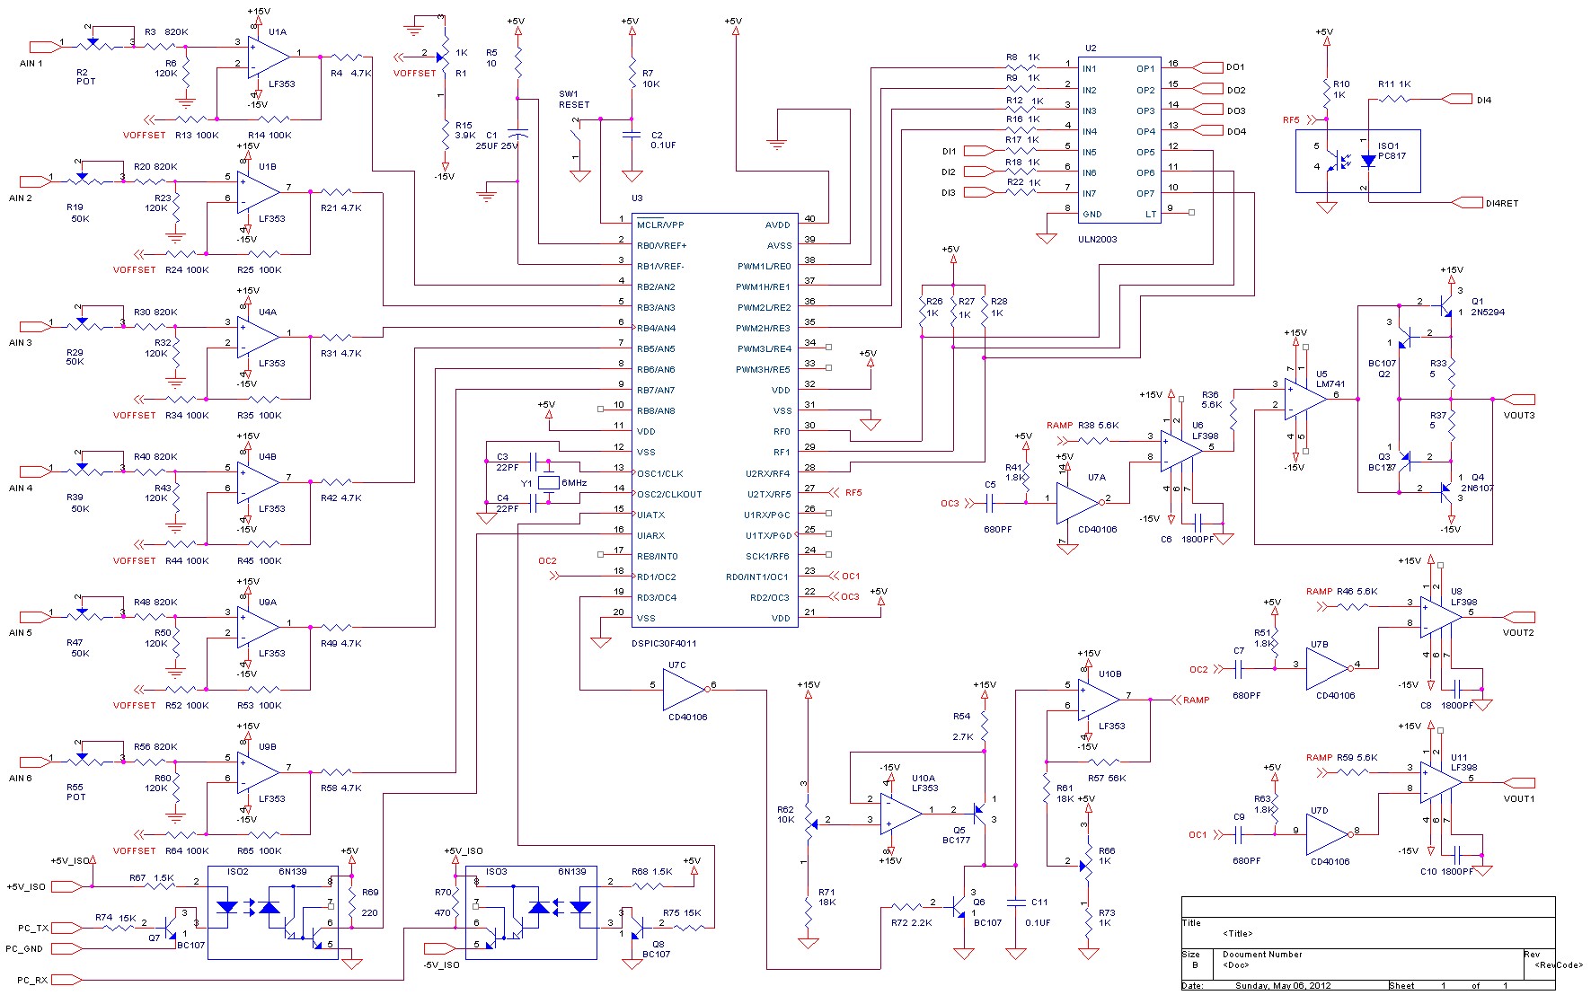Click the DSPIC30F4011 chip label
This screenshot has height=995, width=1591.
click(664, 643)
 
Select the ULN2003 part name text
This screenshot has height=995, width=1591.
click(1098, 239)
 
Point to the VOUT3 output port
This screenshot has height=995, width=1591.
click(1520, 399)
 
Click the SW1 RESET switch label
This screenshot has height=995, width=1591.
click(574, 99)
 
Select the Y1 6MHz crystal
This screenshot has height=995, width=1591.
click(549, 483)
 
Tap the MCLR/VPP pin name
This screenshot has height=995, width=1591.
click(660, 225)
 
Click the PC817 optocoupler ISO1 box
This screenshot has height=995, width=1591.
click(1357, 161)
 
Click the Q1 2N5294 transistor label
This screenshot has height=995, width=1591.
click(1488, 307)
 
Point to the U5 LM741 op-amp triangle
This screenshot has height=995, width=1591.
click(1304, 399)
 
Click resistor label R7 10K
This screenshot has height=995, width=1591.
click(650, 78)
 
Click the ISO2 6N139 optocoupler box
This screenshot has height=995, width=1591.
click(272, 912)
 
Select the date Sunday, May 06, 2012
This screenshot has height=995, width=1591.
click(1282, 986)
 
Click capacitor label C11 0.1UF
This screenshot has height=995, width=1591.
click(1039, 911)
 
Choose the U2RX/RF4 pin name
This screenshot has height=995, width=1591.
click(767, 473)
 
